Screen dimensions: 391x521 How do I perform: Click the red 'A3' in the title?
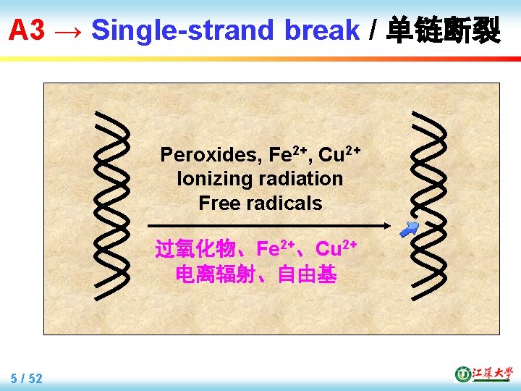pyautogui.click(x=27, y=30)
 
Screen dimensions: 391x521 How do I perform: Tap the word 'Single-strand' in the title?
pyautogui.click(x=183, y=30)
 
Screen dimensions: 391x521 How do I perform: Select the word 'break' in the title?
pyautogui.click(x=322, y=30)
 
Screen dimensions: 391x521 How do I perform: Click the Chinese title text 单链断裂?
pyautogui.click(x=443, y=30)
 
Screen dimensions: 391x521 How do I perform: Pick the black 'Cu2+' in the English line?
pyautogui.click(x=339, y=154)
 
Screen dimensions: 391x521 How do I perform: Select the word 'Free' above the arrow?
pyautogui.click(x=220, y=203)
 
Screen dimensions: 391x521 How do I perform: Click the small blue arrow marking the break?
pyautogui.click(x=410, y=230)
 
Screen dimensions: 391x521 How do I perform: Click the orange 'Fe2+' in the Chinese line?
pyautogui.click(x=279, y=249)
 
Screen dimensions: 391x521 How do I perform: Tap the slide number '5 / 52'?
pyautogui.click(x=27, y=378)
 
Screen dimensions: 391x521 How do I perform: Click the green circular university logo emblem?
pyautogui.click(x=462, y=374)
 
